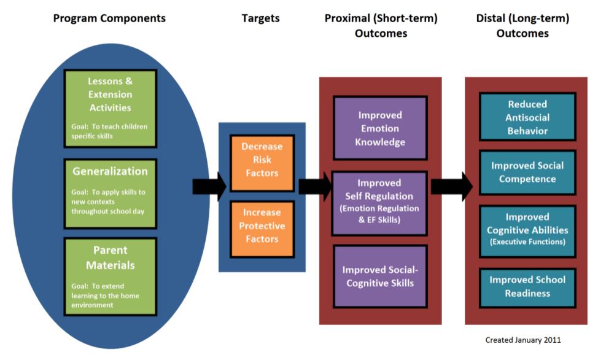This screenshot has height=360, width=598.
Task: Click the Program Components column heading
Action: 109,18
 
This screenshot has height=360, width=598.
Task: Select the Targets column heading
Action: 260,18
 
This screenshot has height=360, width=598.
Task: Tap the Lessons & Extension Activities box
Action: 110,108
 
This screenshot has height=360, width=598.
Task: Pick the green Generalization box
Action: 110,193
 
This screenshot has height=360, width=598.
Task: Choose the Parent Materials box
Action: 110,276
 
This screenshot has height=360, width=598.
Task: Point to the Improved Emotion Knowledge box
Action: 380,128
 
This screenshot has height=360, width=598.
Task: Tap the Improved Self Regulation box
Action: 380,203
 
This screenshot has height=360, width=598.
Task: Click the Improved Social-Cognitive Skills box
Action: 380,276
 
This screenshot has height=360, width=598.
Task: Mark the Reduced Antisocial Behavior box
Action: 527,117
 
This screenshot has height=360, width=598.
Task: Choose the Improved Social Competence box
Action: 527,173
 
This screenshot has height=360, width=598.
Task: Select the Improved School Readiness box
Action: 527,287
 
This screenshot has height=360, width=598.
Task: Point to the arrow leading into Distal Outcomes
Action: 451,187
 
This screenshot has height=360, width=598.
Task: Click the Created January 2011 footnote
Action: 523,340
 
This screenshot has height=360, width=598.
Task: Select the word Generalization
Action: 110,171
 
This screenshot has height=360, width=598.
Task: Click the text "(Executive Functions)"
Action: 527,243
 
